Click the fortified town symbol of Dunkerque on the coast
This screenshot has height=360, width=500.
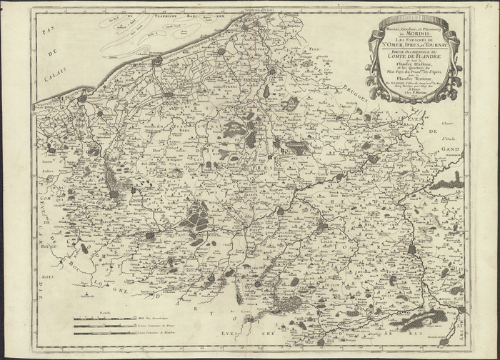click(x=156, y=62)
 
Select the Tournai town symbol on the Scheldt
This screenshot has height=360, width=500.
click(x=412, y=249)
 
